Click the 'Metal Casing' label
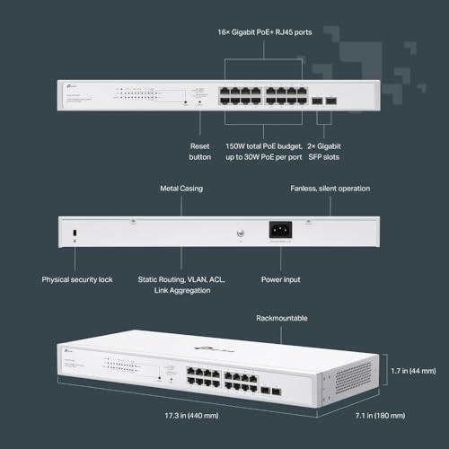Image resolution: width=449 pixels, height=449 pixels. tap(180, 189)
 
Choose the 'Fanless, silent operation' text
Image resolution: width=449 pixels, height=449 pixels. tap(330, 189)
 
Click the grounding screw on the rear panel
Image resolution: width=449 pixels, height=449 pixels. tap(239, 233)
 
